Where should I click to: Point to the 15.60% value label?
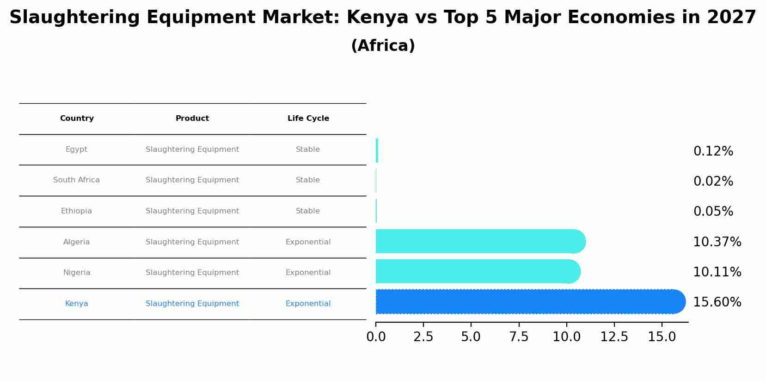coord(717,302)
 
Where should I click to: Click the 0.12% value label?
coord(713,151)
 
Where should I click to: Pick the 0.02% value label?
coord(713,181)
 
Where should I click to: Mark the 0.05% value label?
coord(713,212)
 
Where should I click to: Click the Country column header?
coord(77,119)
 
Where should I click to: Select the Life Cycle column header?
coord(308,119)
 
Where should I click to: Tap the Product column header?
coord(192,119)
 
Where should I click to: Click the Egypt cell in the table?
coord(76,150)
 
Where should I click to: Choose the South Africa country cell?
coord(76,180)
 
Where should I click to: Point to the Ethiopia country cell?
coord(76,211)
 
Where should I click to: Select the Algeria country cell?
coord(76,242)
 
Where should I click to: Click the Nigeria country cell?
coord(77,273)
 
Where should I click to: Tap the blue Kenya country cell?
coord(76,304)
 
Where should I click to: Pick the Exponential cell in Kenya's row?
coord(308,304)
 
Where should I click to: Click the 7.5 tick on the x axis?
coord(519,337)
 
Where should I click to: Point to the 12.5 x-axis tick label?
coord(614,337)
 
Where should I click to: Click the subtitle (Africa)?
coord(383,46)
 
